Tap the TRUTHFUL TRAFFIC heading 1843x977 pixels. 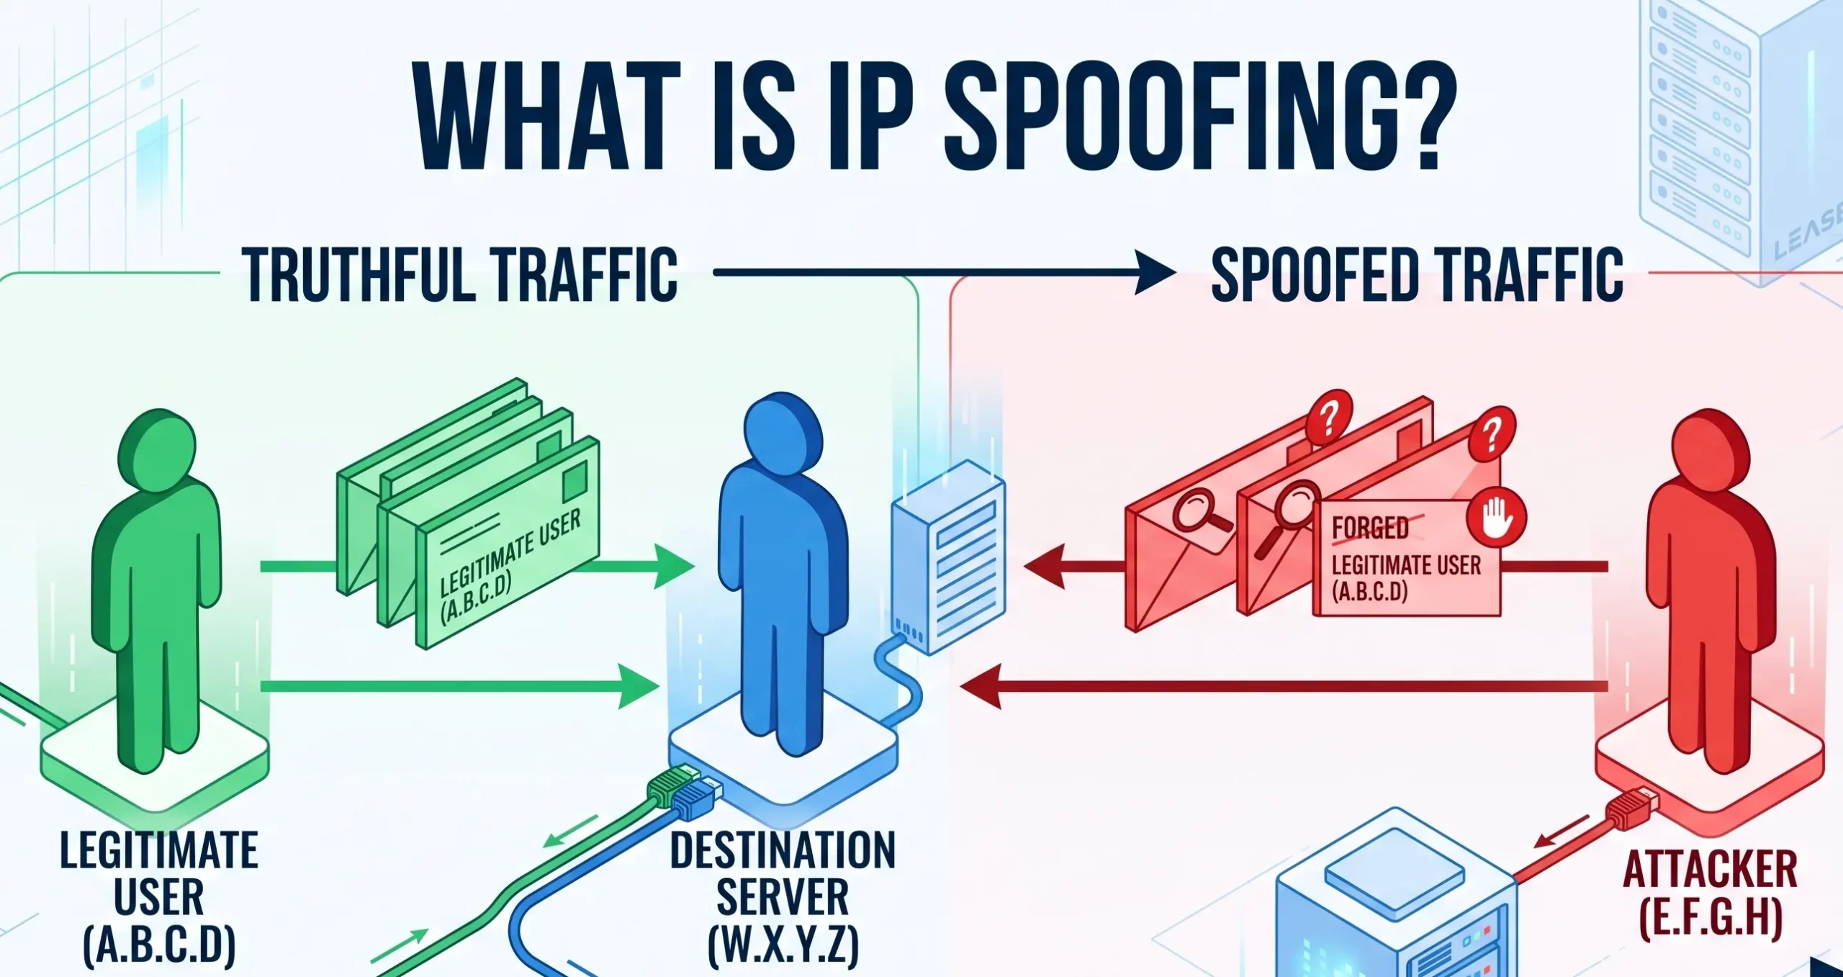460,274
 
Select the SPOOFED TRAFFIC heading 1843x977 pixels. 1417,274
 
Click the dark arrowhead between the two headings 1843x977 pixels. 1155,273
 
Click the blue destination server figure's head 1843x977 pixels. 783,431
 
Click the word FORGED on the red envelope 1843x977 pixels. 1370,528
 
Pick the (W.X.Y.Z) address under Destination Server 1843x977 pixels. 783,945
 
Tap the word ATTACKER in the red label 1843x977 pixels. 1710,870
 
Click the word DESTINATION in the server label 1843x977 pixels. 783,850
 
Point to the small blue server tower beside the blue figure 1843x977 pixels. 949,557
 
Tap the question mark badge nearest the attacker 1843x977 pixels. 1492,433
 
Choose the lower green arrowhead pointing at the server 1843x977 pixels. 639,686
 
